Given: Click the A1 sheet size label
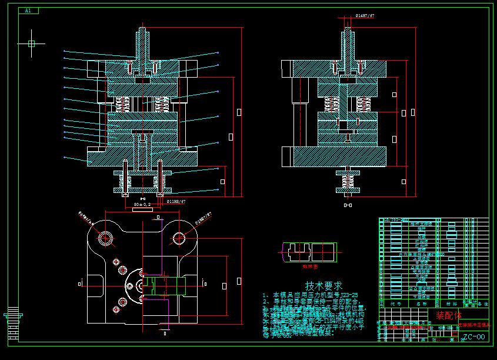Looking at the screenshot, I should pos(28,11).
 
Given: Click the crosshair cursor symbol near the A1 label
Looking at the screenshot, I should pos(31,43).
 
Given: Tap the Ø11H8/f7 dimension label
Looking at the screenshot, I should pos(176,201).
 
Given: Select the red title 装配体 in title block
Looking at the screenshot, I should pos(448,315).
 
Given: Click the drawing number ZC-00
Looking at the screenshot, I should pos(473,337).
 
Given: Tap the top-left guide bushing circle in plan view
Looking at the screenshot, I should pos(106,238).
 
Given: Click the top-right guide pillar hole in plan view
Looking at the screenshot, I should pos(179,238).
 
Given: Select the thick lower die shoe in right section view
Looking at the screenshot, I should pos(340,156).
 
